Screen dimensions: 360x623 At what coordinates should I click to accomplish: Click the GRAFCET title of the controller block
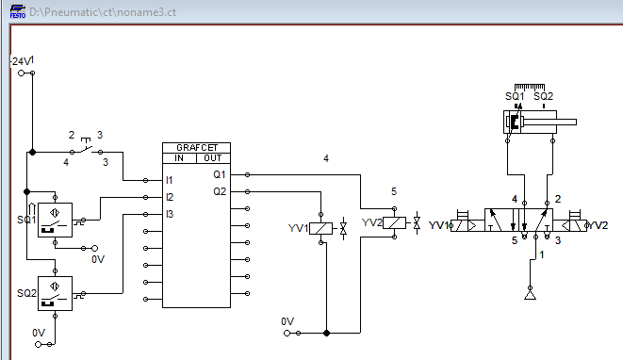(x=196, y=148)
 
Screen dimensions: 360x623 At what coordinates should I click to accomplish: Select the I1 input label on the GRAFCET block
(x=170, y=179)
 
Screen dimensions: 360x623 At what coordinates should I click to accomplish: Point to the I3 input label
(x=170, y=214)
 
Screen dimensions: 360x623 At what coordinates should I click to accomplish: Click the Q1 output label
(x=220, y=174)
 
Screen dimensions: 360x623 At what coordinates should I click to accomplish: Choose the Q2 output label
(x=220, y=191)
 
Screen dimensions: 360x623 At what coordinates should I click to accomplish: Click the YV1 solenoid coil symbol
(x=322, y=228)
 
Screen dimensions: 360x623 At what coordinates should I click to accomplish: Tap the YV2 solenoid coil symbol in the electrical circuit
(x=395, y=223)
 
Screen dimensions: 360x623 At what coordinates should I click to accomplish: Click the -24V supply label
(x=20, y=61)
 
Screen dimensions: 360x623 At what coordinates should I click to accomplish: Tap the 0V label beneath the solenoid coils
(x=288, y=321)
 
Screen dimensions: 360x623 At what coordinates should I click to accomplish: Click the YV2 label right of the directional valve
(x=598, y=225)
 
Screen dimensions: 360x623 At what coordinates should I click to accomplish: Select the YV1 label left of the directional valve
(x=439, y=225)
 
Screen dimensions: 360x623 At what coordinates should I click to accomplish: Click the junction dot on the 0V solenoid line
(x=325, y=333)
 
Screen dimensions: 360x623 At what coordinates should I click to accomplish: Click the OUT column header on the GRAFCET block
(x=213, y=158)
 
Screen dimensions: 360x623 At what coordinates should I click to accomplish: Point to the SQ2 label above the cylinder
(x=543, y=96)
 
